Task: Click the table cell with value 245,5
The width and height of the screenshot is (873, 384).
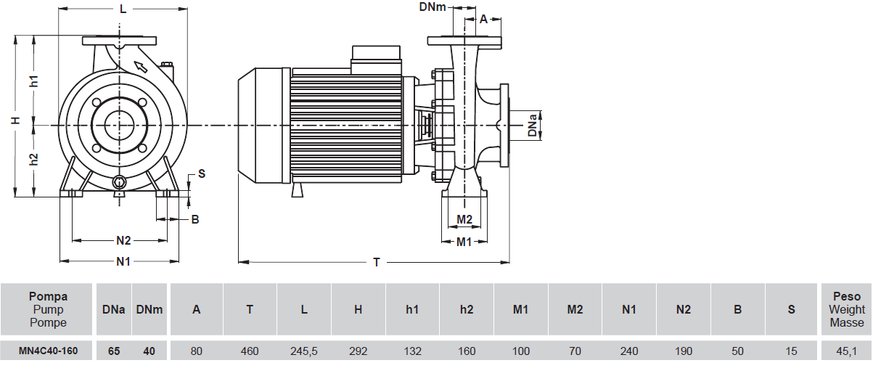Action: [304, 351]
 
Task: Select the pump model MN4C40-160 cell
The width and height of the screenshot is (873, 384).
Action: [49, 351]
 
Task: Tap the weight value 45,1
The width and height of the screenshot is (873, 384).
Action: [847, 351]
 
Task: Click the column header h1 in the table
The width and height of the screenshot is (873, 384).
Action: [412, 309]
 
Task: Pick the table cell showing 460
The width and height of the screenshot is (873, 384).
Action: [250, 351]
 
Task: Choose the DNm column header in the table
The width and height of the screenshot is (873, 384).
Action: [149, 309]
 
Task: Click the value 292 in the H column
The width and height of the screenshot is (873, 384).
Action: [358, 351]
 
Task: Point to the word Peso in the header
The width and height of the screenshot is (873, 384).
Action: [847, 296]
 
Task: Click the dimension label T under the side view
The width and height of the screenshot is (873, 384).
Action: [376, 263]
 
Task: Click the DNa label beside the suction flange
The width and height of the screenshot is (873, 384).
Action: [533, 124]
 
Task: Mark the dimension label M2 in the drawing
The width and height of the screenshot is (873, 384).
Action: [464, 219]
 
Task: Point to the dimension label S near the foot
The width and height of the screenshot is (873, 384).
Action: [201, 173]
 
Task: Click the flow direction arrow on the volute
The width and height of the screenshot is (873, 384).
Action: [141, 68]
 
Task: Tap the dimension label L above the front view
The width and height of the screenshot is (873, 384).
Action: [123, 9]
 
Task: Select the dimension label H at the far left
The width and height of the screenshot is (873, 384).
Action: [15, 120]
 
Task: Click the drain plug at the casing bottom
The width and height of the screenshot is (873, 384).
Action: [120, 181]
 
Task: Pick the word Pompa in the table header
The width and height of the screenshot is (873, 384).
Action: [49, 296]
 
